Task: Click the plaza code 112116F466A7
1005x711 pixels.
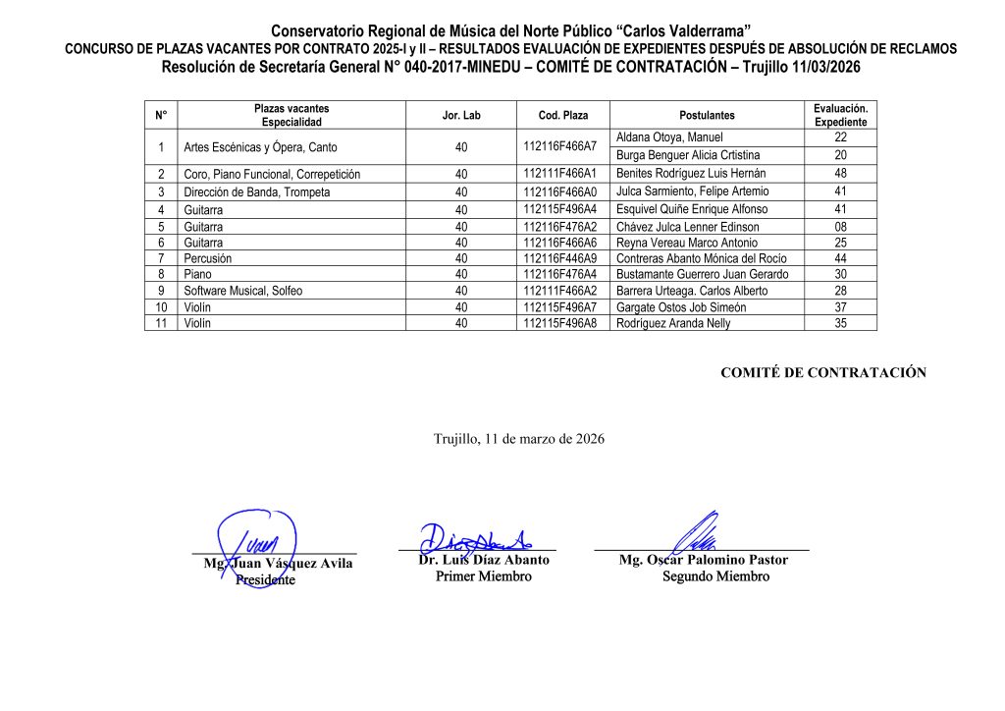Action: [559, 146]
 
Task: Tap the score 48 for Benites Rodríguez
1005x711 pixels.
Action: [840, 174]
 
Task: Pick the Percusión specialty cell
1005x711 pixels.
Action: [208, 258]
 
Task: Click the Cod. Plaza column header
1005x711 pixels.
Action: [562, 115]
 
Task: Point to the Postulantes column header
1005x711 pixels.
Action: [707, 115]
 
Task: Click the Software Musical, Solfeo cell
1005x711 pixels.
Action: [243, 291]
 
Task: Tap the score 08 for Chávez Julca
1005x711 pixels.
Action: [840, 227]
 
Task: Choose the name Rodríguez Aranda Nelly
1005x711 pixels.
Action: [673, 323]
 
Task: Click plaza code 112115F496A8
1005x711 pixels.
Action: [559, 323]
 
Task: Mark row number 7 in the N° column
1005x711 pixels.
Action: [160, 258]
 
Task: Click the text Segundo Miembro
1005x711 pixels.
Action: [715, 576]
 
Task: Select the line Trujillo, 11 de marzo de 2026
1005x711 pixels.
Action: [519, 439]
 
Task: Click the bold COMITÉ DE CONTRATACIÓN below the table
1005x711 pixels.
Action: [823, 372]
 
